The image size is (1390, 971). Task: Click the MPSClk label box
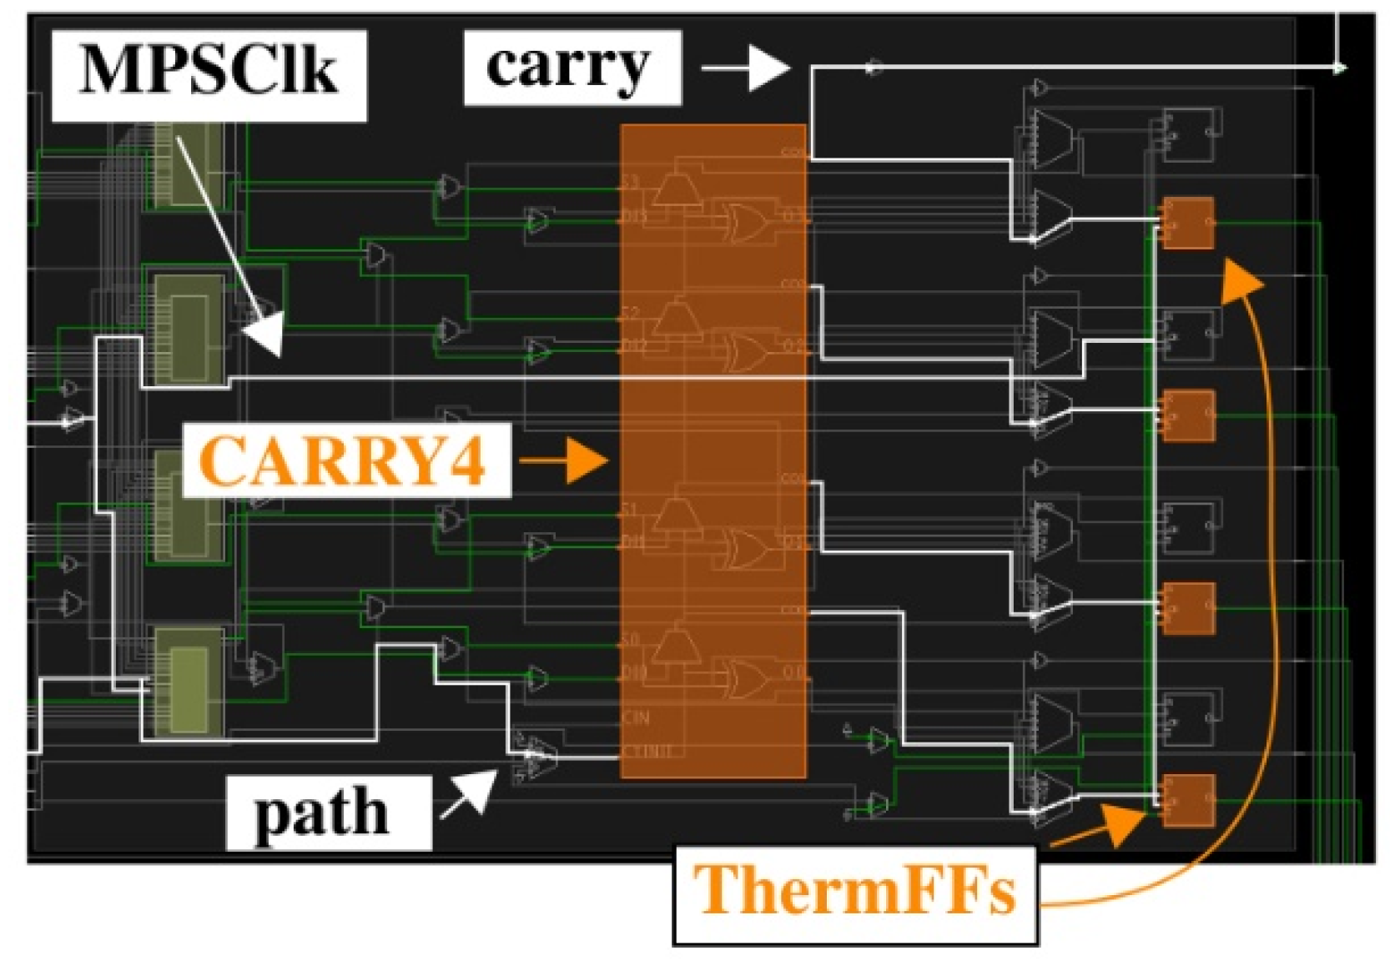(209, 73)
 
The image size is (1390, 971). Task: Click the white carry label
(571, 67)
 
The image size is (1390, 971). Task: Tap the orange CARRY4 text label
(344, 460)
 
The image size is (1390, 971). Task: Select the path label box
(328, 813)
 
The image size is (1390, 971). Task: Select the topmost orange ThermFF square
(1188, 223)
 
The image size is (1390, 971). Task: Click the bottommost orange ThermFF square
(1188, 800)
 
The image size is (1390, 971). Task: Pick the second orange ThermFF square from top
(1188, 415)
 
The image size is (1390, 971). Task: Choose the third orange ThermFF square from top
(1188, 608)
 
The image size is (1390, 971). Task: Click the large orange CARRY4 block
(713, 450)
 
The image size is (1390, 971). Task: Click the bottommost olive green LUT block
(189, 680)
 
